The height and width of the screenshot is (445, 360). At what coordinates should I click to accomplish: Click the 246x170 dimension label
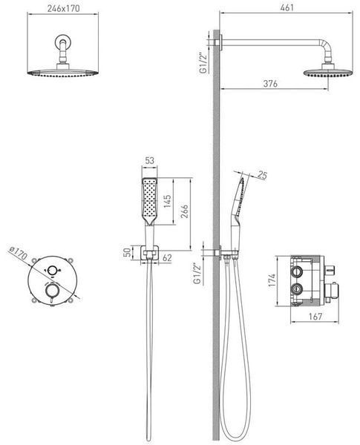[x=64, y=8]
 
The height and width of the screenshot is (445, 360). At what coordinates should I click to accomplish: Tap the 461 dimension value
[x=287, y=7]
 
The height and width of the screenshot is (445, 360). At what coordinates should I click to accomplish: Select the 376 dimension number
[x=270, y=83]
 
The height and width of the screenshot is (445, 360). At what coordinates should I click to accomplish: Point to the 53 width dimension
[x=149, y=160]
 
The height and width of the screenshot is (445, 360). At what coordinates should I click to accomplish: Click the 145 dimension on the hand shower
[x=167, y=201]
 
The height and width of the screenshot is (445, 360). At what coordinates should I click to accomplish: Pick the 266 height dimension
[x=184, y=211]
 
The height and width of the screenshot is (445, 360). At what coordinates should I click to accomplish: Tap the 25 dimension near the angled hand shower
[x=262, y=175]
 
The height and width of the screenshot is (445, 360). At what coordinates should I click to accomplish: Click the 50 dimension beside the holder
[x=128, y=252]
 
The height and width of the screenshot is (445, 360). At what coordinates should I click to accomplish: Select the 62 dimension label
[x=167, y=257]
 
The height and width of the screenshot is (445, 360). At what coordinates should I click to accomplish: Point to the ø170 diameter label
[x=18, y=253]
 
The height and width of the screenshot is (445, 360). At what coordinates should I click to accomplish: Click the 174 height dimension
[x=272, y=280]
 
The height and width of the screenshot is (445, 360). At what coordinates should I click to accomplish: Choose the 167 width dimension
[x=315, y=316]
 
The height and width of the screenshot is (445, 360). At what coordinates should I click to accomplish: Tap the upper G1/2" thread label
[x=203, y=63]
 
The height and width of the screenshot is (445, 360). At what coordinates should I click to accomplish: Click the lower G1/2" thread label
[x=197, y=273]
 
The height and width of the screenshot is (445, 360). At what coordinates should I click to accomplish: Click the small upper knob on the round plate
[x=52, y=271]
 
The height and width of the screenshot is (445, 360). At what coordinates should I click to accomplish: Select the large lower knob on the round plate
[x=51, y=290]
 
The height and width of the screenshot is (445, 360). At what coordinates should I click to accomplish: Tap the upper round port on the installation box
[x=296, y=272]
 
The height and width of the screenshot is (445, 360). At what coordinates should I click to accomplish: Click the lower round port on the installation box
[x=296, y=289]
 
